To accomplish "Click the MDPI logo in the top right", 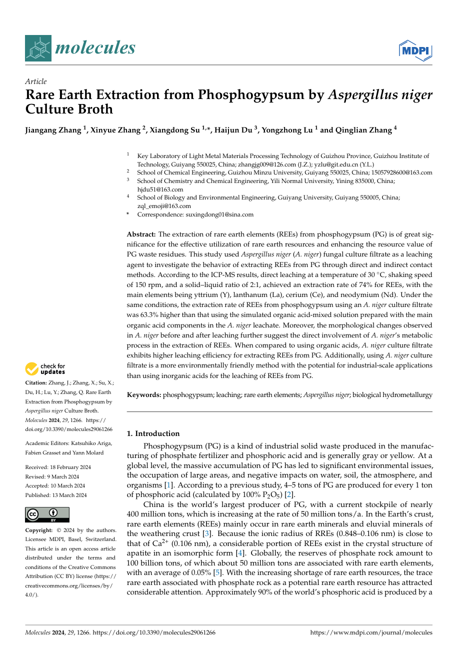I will click(x=415, y=50).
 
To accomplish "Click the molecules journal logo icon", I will click(x=38, y=48).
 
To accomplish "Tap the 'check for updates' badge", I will click(x=45, y=369).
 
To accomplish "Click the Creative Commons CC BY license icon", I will click(x=47, y=514).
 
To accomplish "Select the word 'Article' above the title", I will click(x=35, y=81).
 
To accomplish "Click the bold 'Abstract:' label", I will click(x=141, y=234).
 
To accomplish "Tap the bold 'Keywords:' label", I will click(x=144, y=395).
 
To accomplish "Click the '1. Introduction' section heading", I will click(x=153, y=433).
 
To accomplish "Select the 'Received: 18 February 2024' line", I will click(x=58, y=467).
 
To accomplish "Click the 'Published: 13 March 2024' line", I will click(x=56, y=495).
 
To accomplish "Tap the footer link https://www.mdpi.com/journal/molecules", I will click(x=371, y=632).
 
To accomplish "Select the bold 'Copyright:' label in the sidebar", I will click(x=40, y=530).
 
